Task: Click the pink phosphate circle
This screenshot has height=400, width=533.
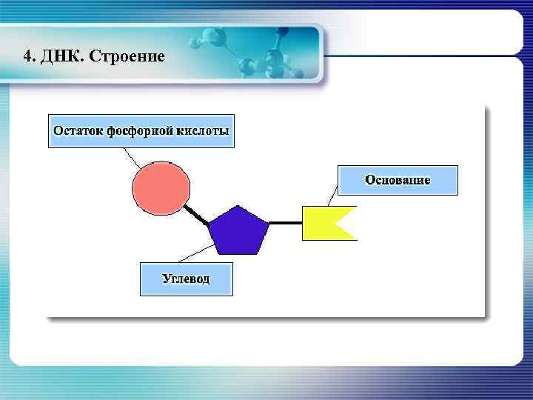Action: [161, 188]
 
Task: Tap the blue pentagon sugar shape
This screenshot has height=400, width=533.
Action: [238, 231]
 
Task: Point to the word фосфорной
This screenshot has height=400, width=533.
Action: [141, 131]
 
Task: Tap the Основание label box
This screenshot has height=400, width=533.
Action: [398, 180]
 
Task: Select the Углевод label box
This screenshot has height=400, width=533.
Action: [186, 279]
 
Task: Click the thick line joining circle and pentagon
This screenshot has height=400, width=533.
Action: [197, 215]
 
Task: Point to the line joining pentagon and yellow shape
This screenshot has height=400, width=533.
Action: [285, 223]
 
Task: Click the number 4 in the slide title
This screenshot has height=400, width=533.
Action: [27, 56]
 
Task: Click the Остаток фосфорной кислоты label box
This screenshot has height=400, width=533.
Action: [141, 131]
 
